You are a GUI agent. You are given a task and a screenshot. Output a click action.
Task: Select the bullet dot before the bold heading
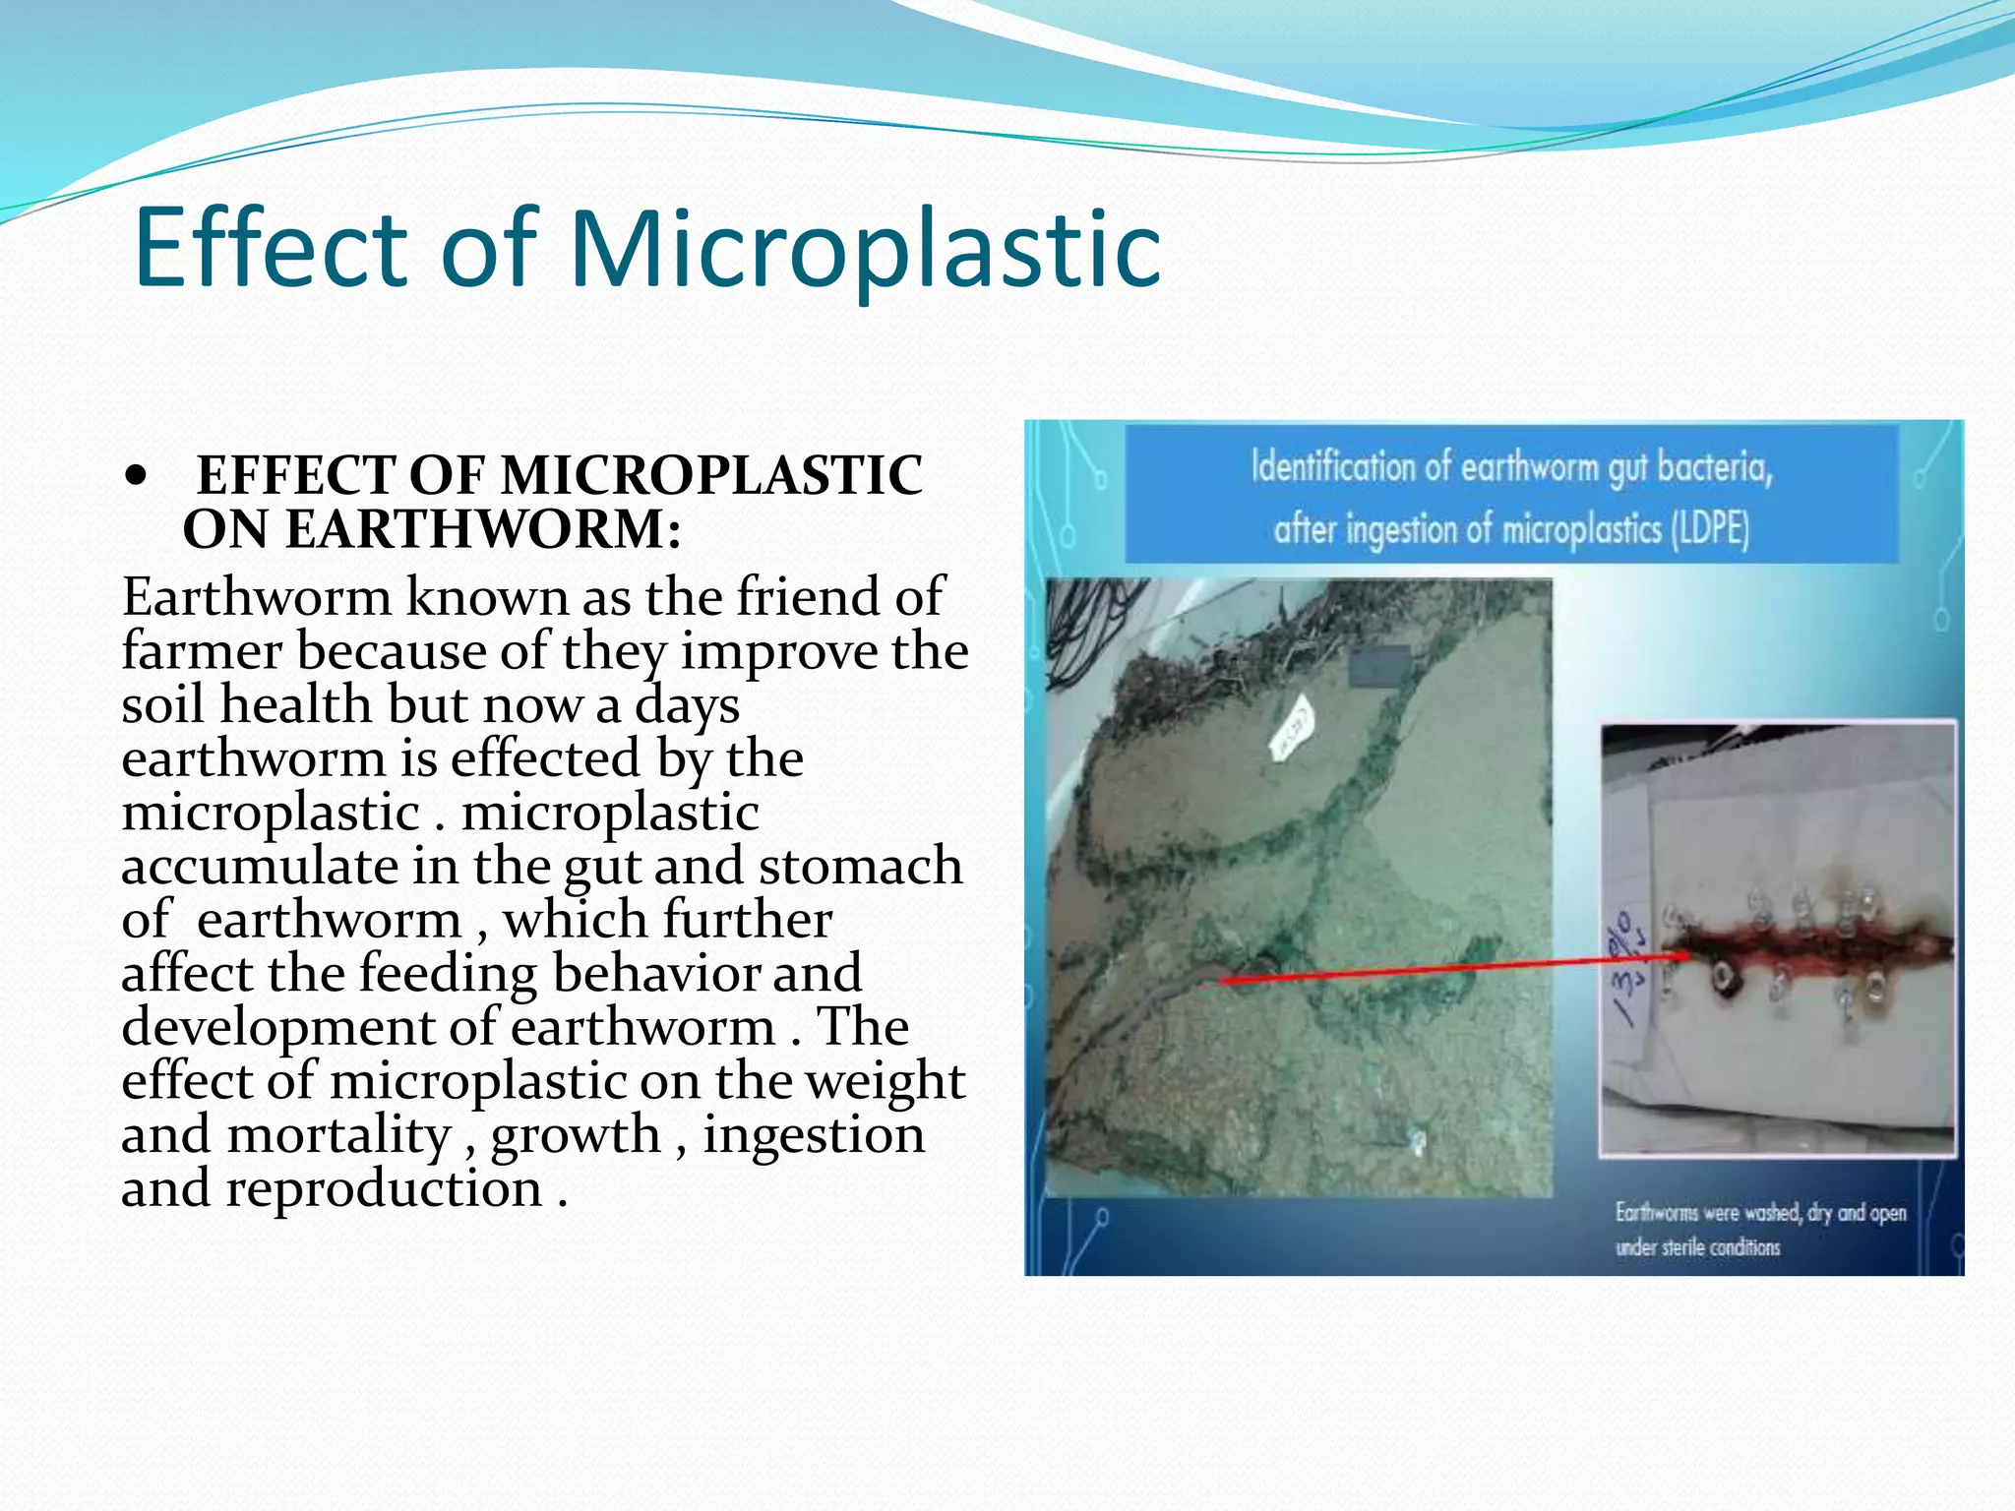(137, 478)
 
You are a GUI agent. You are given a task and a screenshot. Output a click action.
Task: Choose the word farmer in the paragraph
(202, 651)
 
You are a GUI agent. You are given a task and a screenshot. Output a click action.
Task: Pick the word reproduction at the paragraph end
(384, 1188)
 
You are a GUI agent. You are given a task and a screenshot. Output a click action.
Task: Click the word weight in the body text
(885, 1080)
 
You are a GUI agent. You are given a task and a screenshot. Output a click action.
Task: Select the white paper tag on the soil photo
(1292, 728)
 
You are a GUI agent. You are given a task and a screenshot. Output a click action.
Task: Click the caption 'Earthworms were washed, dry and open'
(1760, 1213)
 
